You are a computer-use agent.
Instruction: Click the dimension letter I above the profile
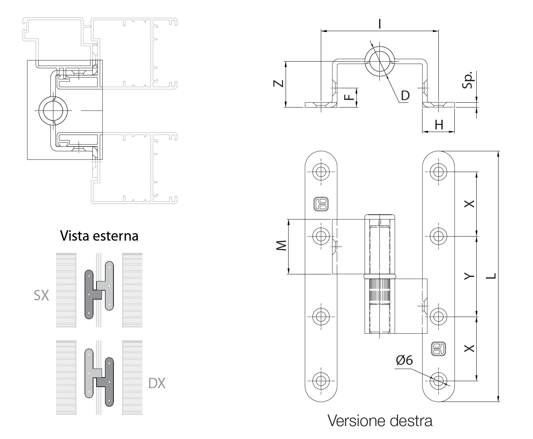379,24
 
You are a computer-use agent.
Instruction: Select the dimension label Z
279,84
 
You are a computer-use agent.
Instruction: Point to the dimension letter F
348,97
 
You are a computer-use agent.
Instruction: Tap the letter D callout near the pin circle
405,96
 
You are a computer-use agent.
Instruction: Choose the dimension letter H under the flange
439,125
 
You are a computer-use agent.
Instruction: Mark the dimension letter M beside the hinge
282,246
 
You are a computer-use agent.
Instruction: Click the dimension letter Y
469,276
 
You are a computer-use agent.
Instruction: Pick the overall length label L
491,276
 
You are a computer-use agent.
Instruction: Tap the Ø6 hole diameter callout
404,360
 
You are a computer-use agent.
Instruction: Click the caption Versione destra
380,421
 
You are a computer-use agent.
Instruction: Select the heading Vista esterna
99,236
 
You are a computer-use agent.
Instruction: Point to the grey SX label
41,296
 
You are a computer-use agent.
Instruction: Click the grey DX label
157,383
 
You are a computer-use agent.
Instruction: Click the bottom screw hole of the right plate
438,380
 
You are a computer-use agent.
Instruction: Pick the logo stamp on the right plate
438,349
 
